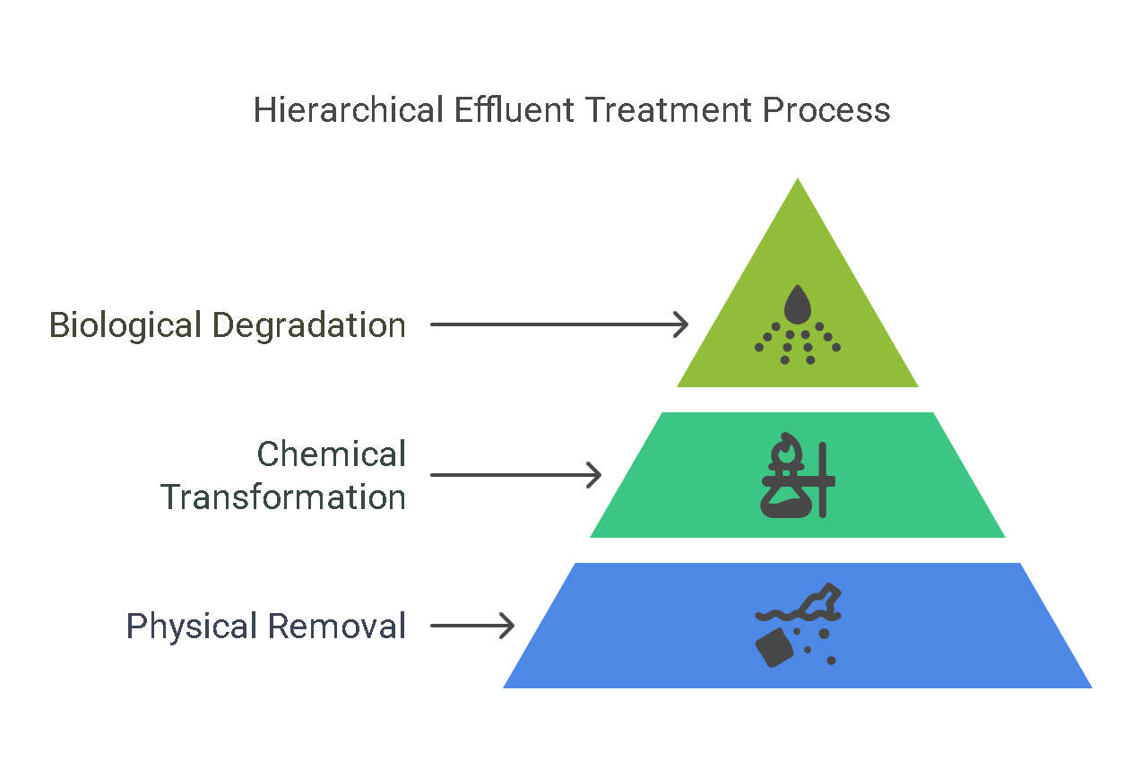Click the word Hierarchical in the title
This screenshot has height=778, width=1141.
click(x=349, y=109)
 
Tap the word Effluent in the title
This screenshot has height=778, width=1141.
click(x=514, y=109)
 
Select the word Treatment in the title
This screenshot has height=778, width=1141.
click(x=668, y=109)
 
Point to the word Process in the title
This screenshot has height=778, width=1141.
click(x=826, y=109)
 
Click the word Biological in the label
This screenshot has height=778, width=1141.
click(x=125, y=326)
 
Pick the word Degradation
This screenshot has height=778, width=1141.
click(x=308, y=326)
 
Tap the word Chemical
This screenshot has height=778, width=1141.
click(x=331, y=454)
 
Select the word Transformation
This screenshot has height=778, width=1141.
click(x=283, y=497)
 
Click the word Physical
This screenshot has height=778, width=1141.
click(x=191, y=627)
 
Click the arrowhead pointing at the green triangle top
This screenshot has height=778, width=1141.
click(x=681, y=324)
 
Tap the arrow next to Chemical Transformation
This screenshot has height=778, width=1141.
click(x=516, y=475)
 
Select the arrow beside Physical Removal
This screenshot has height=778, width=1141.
click(x=472, y=625)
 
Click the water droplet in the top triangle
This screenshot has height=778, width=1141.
click(x=797, y=304)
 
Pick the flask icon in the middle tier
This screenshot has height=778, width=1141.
click(x=786, y=496)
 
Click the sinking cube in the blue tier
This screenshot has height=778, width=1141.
click(x=774, y=647)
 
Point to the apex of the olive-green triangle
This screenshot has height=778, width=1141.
click(x=797, y=177)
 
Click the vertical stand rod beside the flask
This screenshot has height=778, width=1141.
click(x=823, y=480)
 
